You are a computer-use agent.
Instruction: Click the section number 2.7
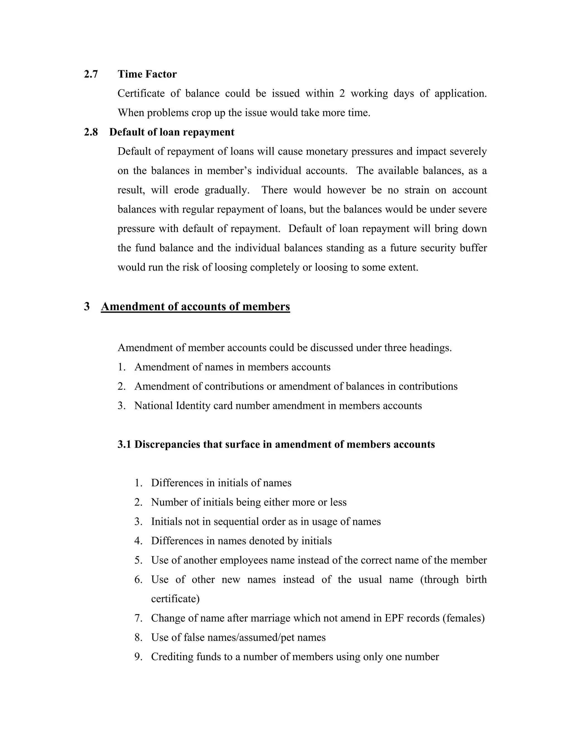[x=91, y=74]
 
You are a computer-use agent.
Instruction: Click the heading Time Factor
[x=147, y=74]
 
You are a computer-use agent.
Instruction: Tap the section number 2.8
[x=91, y=132]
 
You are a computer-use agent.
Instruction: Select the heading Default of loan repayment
[x=171, y=132]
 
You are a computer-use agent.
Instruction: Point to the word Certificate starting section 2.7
[x=141, y=93]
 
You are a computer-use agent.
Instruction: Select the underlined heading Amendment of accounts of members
[x=195, y=306]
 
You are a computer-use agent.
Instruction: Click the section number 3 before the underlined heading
[x=87, y=306]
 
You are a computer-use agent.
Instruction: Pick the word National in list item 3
[x=154, y=406]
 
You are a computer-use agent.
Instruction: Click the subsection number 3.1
[x=124, y=444]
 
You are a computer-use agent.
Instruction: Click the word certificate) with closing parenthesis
[x=175, y=599]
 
